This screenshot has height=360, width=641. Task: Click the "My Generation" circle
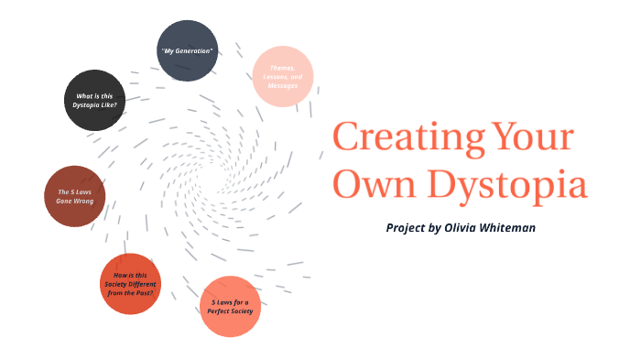188,49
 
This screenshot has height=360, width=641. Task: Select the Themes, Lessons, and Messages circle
283,75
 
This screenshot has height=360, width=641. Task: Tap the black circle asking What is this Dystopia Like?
95,100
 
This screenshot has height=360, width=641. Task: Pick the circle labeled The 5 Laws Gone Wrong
75,196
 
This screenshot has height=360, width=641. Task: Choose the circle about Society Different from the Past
130,283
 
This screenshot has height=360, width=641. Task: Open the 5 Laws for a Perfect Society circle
230,306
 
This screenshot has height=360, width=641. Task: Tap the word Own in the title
364,185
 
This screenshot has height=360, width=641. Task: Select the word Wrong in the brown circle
83,201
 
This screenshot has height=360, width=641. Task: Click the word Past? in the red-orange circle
147,291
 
